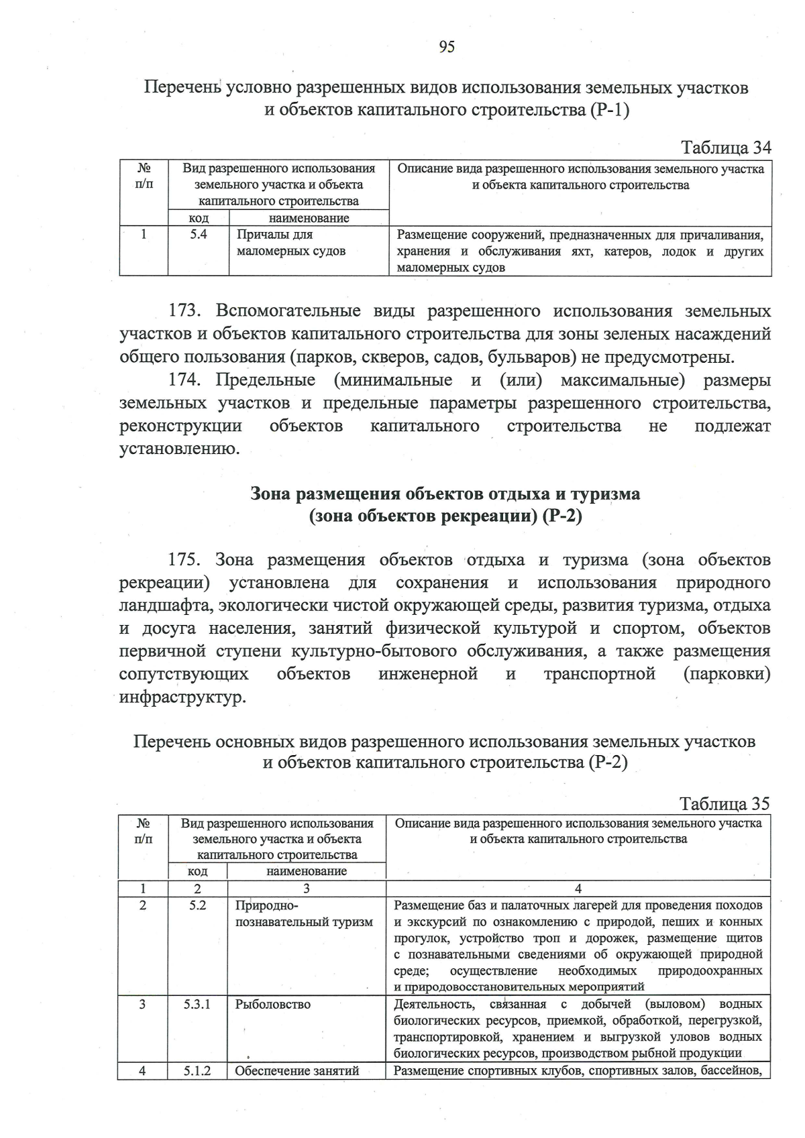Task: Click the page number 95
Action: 447,46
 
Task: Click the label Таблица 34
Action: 726,148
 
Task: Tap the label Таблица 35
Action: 724,803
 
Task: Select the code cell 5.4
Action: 198,235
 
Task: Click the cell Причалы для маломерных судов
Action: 291,243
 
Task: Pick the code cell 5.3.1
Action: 197,1005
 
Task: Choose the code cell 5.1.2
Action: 197,1071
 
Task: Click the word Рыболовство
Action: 273,1005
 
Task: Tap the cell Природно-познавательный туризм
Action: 303,914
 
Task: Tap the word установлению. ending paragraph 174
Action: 179,449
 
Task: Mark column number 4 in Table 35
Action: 578,889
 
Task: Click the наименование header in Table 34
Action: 309,219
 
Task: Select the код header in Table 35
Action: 197,871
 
